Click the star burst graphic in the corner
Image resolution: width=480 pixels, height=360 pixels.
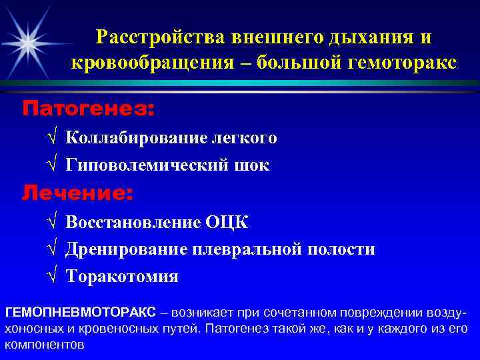27,42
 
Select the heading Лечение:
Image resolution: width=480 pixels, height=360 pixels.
78,193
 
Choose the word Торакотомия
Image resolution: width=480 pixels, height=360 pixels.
122,276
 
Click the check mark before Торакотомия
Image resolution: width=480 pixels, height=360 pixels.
53,276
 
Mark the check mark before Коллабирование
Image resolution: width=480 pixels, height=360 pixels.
53,138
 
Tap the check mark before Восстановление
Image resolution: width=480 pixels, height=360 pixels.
53,222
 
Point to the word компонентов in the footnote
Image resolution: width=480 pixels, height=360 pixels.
45,345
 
